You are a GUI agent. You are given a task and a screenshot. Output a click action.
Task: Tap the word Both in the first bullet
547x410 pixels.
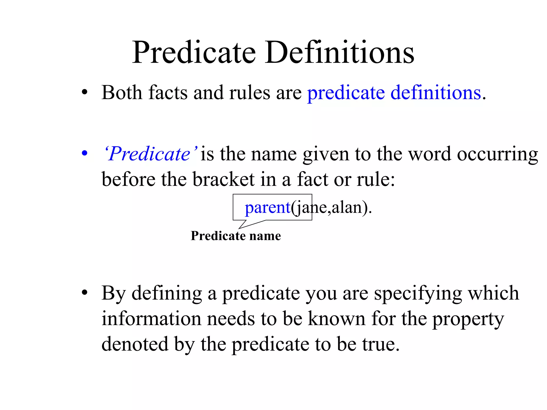click(122, 93)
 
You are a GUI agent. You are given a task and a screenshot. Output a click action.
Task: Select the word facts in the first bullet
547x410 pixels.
click(168, 93)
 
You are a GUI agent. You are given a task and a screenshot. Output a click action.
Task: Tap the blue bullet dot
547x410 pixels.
click(85, 153)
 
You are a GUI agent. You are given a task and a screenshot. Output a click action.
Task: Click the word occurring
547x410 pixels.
click(497, 155)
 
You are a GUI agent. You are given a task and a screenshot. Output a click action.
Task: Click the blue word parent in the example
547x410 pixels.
click(267, 207)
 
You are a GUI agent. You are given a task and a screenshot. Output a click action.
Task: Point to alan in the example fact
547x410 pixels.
click(347, 207)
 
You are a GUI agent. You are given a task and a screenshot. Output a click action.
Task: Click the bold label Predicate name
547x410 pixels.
click(236, 236)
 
